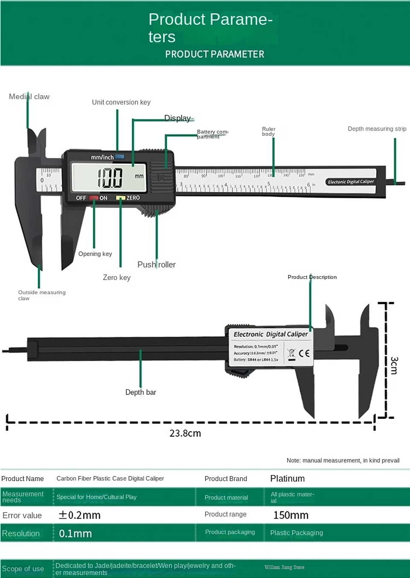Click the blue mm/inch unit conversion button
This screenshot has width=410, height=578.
pyautogui.click(x=120, y=157)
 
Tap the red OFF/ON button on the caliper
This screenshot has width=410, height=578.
pyautogui.click(x=94, y=198)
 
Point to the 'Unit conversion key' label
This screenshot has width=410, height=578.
pyautogui.click(x=121, y=102)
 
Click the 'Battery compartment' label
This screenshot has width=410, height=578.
pyautogui.click(x=212, y=134)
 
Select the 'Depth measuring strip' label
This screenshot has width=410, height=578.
pyautogui.click(x=377, y=129)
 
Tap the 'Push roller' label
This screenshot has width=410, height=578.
pyautogui.click(x=156, y=265)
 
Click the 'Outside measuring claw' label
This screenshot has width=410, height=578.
pyautogui.click(x=41, y=295)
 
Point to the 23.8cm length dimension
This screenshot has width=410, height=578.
pyautogui.click(x=185, y=433)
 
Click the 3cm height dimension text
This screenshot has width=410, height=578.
pyautogui.click(x=394, y=365)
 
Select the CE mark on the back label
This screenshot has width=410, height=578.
pyautogui.click(x=304, y=353)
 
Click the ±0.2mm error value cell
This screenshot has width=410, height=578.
pyautogui.click(x=79, y=515)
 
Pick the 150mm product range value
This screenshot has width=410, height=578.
pyautogui.click(x=290, y=515)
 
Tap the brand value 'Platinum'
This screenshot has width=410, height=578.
pyautogui.click(x=287, y=479)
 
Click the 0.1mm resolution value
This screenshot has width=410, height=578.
pyautogui.click(x=75, y=534)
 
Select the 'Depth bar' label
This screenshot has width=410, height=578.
pyautogui.click(x=141, y=392)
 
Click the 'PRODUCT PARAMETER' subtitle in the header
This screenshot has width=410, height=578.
pyautogui.click(x=214, y=54)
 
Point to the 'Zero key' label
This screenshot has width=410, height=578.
pyautogui.click(x=117, y=277)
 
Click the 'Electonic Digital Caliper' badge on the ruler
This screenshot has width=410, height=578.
pyautogui.click(x=351, y=182)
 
